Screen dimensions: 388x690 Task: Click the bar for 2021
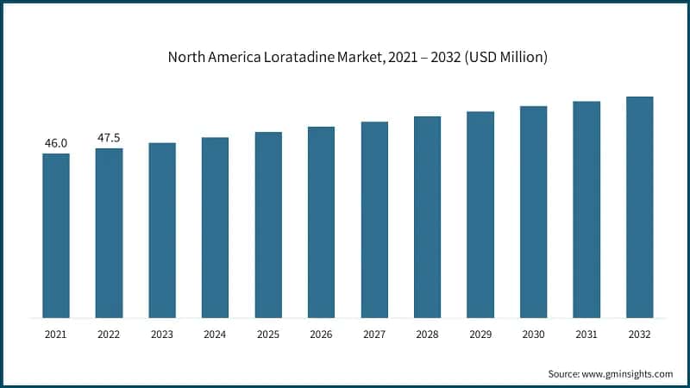pyautogui.click(x=56, y=235)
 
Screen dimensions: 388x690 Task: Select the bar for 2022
pyautogui.click(x=109, y=233)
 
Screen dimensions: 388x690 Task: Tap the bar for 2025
pyautogui.click(x=268, y=224)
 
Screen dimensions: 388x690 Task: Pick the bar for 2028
pyautogui.click(x=427, y=216)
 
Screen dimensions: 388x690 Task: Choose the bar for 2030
pyautogui.click(x=533, y=211)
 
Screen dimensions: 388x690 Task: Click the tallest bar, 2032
pyautogui.click(x=639, y=207)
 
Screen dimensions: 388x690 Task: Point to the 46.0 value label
pyautogui.click(x=56, y=143)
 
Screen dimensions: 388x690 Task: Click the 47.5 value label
pyautogui.click(x=109, y=137)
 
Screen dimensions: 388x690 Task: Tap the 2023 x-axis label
pyautogui.click(x=162, y=334)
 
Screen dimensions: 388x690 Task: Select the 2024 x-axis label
pyautogui.click(x=215, y=334)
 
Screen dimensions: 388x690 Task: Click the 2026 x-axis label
pyautogui.click(x=321, y=334)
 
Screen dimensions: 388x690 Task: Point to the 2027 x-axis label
pyautogui.click(x=374, y=334)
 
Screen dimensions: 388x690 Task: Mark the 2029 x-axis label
pyautogui.click(x=480, y=334)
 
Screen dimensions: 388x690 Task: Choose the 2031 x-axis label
pyautogui.click(x=586, y=334)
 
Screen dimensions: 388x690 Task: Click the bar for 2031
pyautogui.click(x=586, y=209)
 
